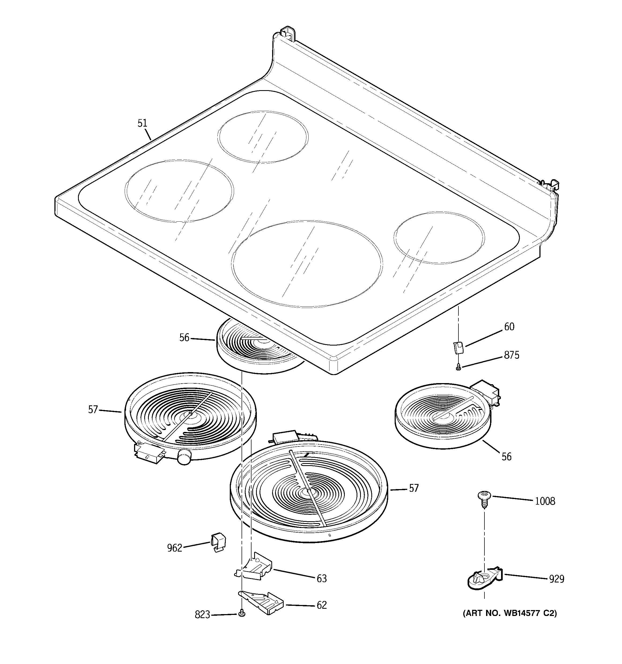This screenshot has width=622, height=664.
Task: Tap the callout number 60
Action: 509,327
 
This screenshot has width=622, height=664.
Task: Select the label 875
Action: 512,355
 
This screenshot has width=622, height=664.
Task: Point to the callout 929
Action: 557,579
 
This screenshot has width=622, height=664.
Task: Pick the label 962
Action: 175,548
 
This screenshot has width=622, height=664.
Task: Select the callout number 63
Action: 321,578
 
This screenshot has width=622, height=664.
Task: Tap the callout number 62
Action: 321,605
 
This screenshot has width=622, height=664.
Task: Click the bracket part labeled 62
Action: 262,602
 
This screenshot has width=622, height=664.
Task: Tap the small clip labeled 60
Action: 458,347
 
